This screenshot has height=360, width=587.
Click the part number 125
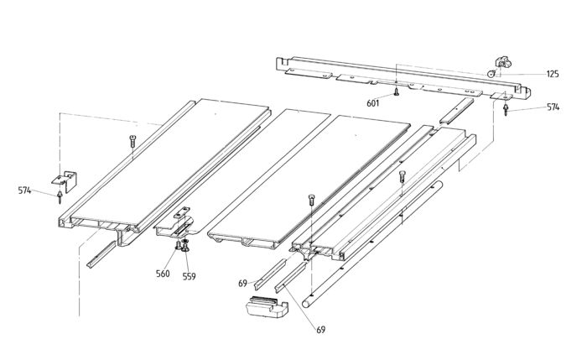click(x=552, y=75)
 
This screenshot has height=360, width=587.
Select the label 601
click(x=373, y=102)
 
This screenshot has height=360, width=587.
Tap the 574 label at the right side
click(x=553, y=107)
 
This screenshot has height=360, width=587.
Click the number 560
click(x=163, y=274)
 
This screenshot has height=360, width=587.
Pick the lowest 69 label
click(x=320, y=330)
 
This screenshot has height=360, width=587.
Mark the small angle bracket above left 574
click(x=64, y=179)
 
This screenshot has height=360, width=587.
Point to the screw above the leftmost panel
click(x=132, y=140)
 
